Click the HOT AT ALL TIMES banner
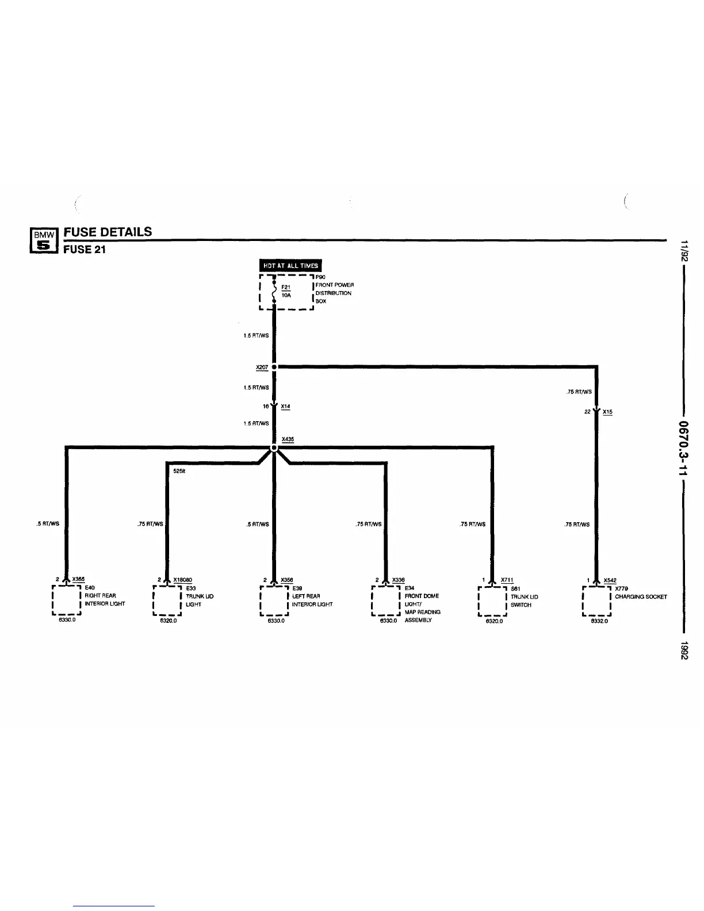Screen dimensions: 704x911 [290, 266]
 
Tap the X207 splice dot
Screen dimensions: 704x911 [274, 366]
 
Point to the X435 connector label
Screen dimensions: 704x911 [288, 439]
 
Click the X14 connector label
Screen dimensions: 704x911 [286, 407]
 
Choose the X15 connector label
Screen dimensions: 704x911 [607, 412]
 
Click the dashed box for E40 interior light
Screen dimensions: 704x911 [66, 600]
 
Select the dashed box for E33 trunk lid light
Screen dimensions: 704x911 [167, 600]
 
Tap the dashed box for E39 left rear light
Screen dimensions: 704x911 [274, 600]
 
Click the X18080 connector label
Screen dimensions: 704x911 [182, 580]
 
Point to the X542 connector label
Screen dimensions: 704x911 [610, 580]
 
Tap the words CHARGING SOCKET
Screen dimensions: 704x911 [641, 596]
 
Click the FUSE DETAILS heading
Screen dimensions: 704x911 [108, 232]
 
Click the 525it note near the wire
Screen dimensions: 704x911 [178, 470]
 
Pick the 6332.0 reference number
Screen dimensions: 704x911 [599, 621]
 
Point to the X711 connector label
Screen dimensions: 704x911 [507, 580]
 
